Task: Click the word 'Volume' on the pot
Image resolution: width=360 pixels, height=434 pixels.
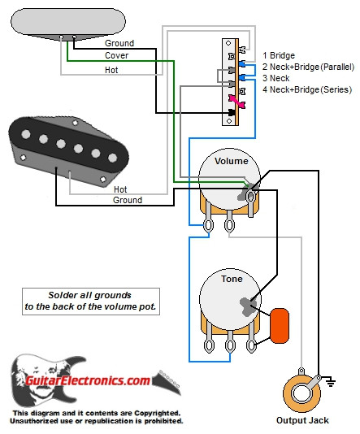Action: [x=232, y=161]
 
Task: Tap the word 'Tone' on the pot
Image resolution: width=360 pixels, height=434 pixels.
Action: [x=232, y=278]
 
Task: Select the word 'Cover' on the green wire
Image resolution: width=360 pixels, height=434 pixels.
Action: [x=116, y=56]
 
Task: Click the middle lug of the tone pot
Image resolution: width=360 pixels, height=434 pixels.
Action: [x=232, y=345]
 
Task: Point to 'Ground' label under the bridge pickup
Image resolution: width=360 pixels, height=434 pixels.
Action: [x=128, y=199]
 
